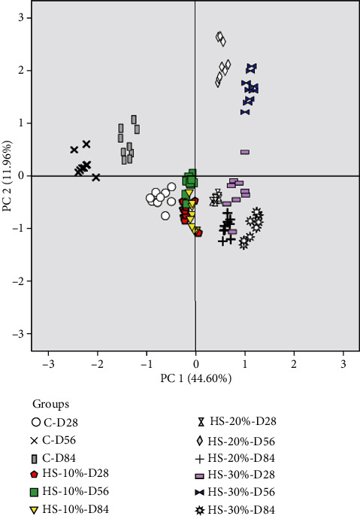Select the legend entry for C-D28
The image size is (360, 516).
60,421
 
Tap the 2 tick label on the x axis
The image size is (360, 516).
294,364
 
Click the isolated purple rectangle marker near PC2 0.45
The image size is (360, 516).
245,152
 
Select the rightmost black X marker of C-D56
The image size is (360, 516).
96,178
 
